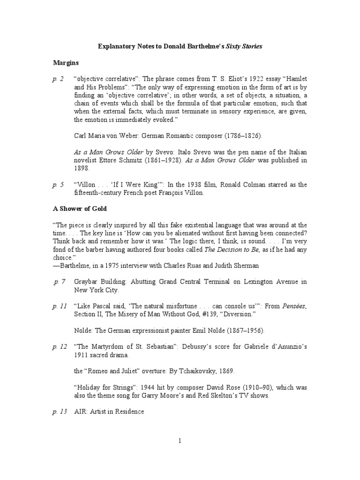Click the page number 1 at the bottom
pyautogui.click(x=180, y=441)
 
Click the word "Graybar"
pyautogui.click(x=88, y=282)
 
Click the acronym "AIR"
pyautogui.click(x=80, y=411)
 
